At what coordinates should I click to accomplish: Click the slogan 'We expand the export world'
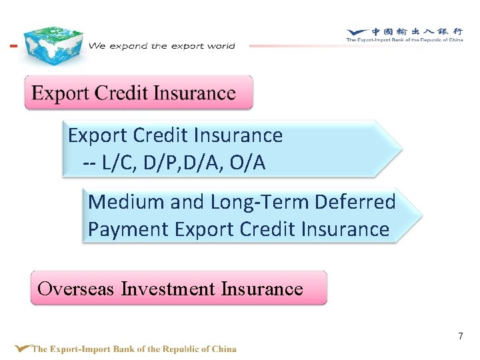(x=162, y=46)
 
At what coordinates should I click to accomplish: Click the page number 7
(x=460, y=336)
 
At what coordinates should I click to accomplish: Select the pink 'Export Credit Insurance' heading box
(x=139, y=93)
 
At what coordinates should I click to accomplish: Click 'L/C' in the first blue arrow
(x=115, y=163)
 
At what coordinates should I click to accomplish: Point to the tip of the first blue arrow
(x=400, y=148)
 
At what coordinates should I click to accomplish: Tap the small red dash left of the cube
(x=13, y=46)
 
